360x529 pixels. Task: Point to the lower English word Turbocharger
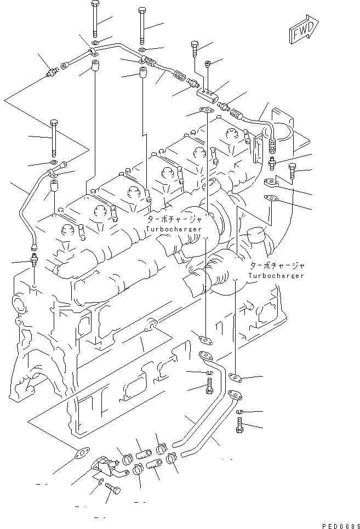coord(276,275)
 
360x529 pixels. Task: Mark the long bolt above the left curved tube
coord(54,137)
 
